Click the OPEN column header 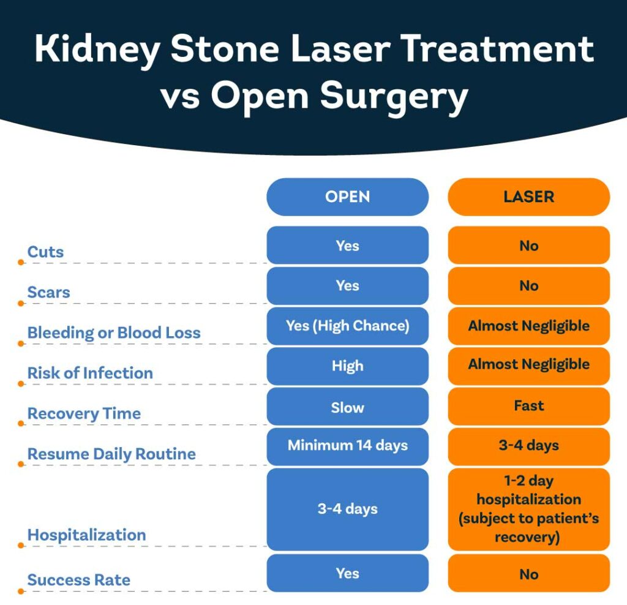[347, 197]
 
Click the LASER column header [528, 197]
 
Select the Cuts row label [45, 252]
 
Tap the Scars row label [48, 292]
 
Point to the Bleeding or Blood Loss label [114, 333]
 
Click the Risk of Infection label [90, 373]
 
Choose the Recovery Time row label [84, 413]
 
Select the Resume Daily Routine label [111, 454]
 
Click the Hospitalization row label [86, 535]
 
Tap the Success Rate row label [79, 580]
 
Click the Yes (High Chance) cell [347, 326]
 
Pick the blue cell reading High [347, 366]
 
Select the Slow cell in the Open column [347, 407]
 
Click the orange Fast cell [528, 406]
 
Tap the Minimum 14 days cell [347, 446]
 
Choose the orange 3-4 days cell [528, 446]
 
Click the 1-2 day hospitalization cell [528, 509]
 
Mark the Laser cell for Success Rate [528, 574]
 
